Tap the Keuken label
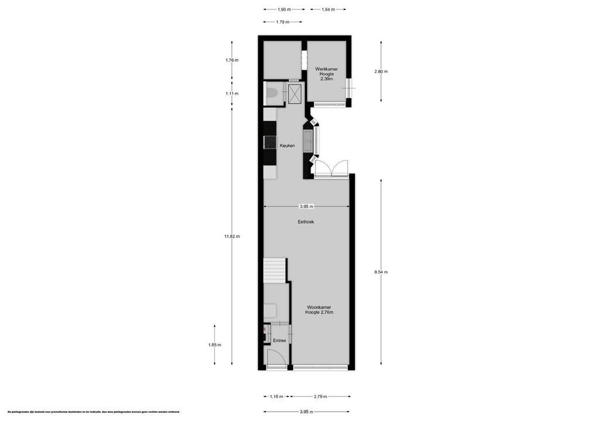click(x=287, y=146)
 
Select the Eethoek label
click(x=306, y=222)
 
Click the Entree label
click(x=279, y=340)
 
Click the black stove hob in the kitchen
click(x=269, y=142)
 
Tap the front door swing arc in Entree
click(x=273, y=357)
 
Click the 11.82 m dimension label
click(x=232, y=236)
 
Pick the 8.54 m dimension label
click(x=381, y=272)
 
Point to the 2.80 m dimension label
click(x=381, y=71)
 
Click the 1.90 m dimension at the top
click(x=284, y=9)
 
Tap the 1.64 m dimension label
click(x=328, y=9)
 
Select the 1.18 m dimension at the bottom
click(x=276, y=396)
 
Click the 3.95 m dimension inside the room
click(x=306, y=206)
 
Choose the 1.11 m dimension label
click(x=232, y=94)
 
